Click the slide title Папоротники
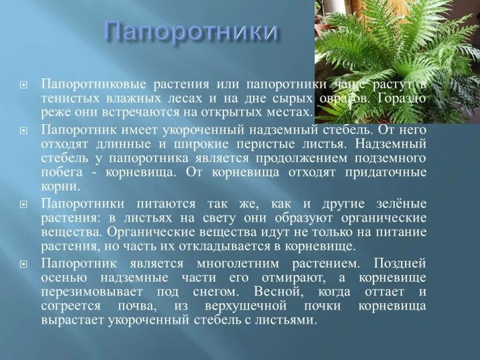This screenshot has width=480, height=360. [x=192, y=31]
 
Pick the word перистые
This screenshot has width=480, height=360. [x=280, y=142]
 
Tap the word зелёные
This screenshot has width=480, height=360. [x=400, y=204]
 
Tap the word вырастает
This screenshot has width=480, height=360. [x=72, y=321]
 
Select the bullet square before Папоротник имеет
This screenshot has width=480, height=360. [x=23, y=128]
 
